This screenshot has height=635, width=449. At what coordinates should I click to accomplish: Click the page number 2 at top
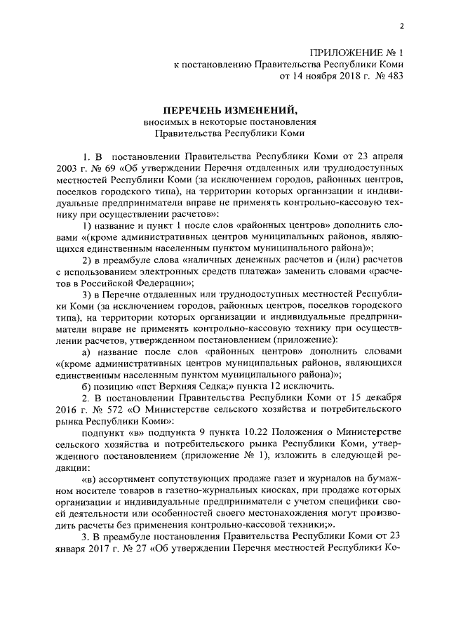pyautogui.click(x=403, y=27)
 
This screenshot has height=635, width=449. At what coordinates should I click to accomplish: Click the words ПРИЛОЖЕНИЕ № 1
pyautogui.click(x=357, y=53)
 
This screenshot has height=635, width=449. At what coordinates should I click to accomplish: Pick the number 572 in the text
pyautogui.click(x=123, y=408)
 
